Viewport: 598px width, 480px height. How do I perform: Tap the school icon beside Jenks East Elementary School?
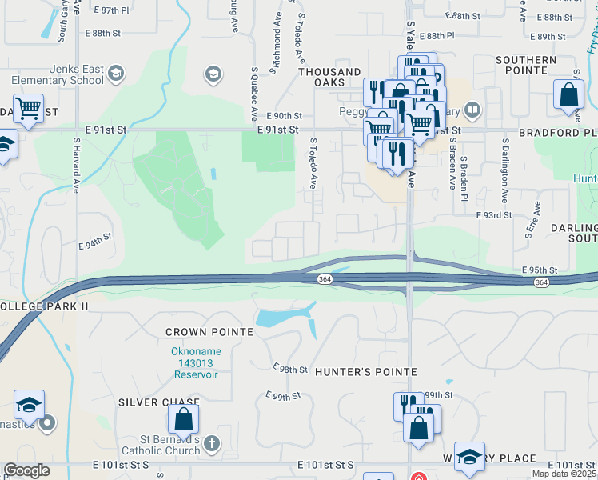(x=116, y=74)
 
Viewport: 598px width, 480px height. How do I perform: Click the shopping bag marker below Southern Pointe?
(x=568, y=94)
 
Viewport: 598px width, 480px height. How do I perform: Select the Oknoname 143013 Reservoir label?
(x=195, y=362)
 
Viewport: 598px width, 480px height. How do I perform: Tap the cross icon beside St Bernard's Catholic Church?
(x=211, y=442)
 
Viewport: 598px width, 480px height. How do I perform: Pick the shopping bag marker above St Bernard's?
(x=183, y=418)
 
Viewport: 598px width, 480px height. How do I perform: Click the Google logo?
(x=26, y=470)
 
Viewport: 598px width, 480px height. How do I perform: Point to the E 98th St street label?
(x=289, y=368)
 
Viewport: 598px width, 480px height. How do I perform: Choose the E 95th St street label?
(x=538, y=270)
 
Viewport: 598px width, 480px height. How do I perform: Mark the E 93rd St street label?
(x=495, y=215)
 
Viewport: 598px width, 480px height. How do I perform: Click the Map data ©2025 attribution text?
(x=563, y=474)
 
